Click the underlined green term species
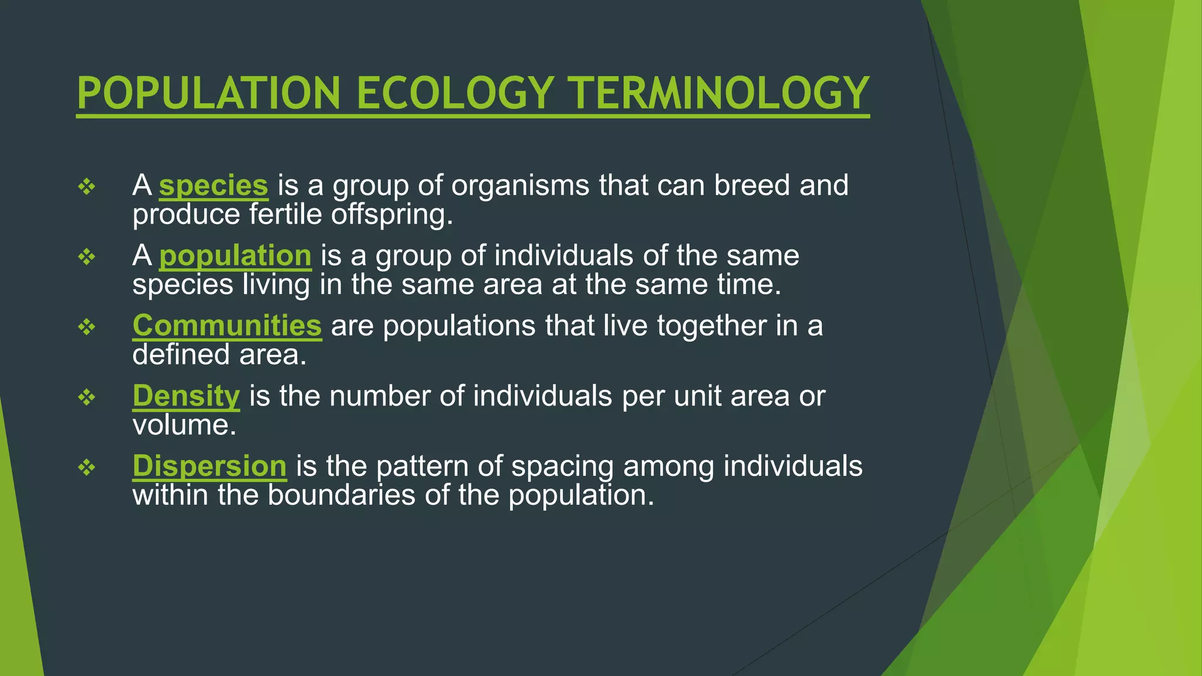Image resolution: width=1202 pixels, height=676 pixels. point(214,186)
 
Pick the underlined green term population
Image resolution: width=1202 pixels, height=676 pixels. point(235,256)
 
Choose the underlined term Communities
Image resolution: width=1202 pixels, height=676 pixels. point(227,326)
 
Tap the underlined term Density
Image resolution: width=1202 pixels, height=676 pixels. point(186,396)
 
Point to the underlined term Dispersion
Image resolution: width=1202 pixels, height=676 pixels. point(210,466)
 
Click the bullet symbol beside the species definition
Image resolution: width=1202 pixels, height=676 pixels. point(87,187)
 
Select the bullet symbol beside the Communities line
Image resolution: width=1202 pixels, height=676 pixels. point(87,327)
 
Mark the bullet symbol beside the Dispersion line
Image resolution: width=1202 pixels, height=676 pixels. point(87,467)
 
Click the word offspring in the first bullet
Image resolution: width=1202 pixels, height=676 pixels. point(392,215)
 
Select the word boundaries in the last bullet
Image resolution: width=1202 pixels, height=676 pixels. point(342,495)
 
